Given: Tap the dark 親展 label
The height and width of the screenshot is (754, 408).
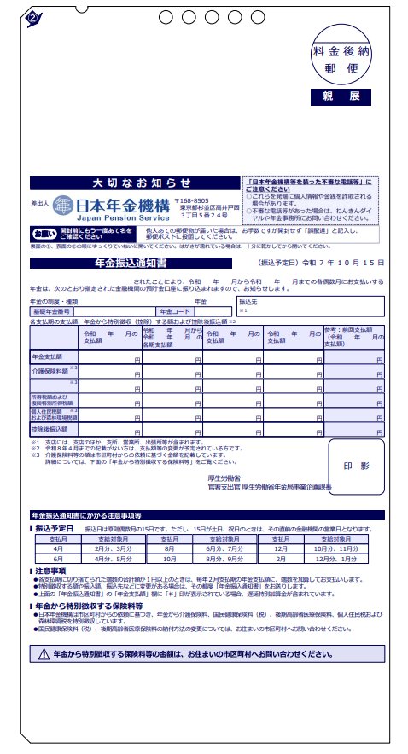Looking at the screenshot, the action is pyautogui.click(x=341, y=96).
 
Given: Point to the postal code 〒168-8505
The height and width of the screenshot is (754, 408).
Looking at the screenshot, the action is pyautogui.click(x=195, y=200).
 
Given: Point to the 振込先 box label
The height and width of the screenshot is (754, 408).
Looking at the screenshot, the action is pyautogui.click(x=249, y=301).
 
